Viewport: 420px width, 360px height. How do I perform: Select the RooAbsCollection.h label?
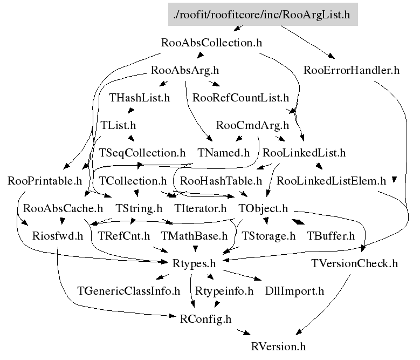click(x=211, y=43)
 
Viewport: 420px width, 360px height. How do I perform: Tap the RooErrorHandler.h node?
click(x=352, y=70)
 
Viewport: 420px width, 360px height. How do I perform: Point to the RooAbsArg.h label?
click(x=185, y=70)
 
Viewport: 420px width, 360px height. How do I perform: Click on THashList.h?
click(x=139, y=98)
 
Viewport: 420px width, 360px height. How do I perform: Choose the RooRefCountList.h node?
click(x=240, y=98)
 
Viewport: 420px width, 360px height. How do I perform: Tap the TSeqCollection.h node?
click(x=142, y=153)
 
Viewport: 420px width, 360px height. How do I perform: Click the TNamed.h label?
click(x=224, y=153)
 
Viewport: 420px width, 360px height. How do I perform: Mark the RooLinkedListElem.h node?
click(x=331, y=181)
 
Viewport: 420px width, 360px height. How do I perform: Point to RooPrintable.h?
click(x=45, y=181)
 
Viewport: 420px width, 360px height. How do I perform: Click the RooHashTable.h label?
click(x=221, y=181)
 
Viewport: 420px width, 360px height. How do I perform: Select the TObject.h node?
click(x=263, y=208)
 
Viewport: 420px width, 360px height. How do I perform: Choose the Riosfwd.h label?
click(x=58, y=236)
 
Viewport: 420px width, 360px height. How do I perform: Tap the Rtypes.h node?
click(x=194, y=263)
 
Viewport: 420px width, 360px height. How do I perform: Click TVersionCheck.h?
click(x=354, y=263)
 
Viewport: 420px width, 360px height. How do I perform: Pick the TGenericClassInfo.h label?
click(x=128, y=291)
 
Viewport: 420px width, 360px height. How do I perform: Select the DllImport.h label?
click(x=294, y=291)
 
